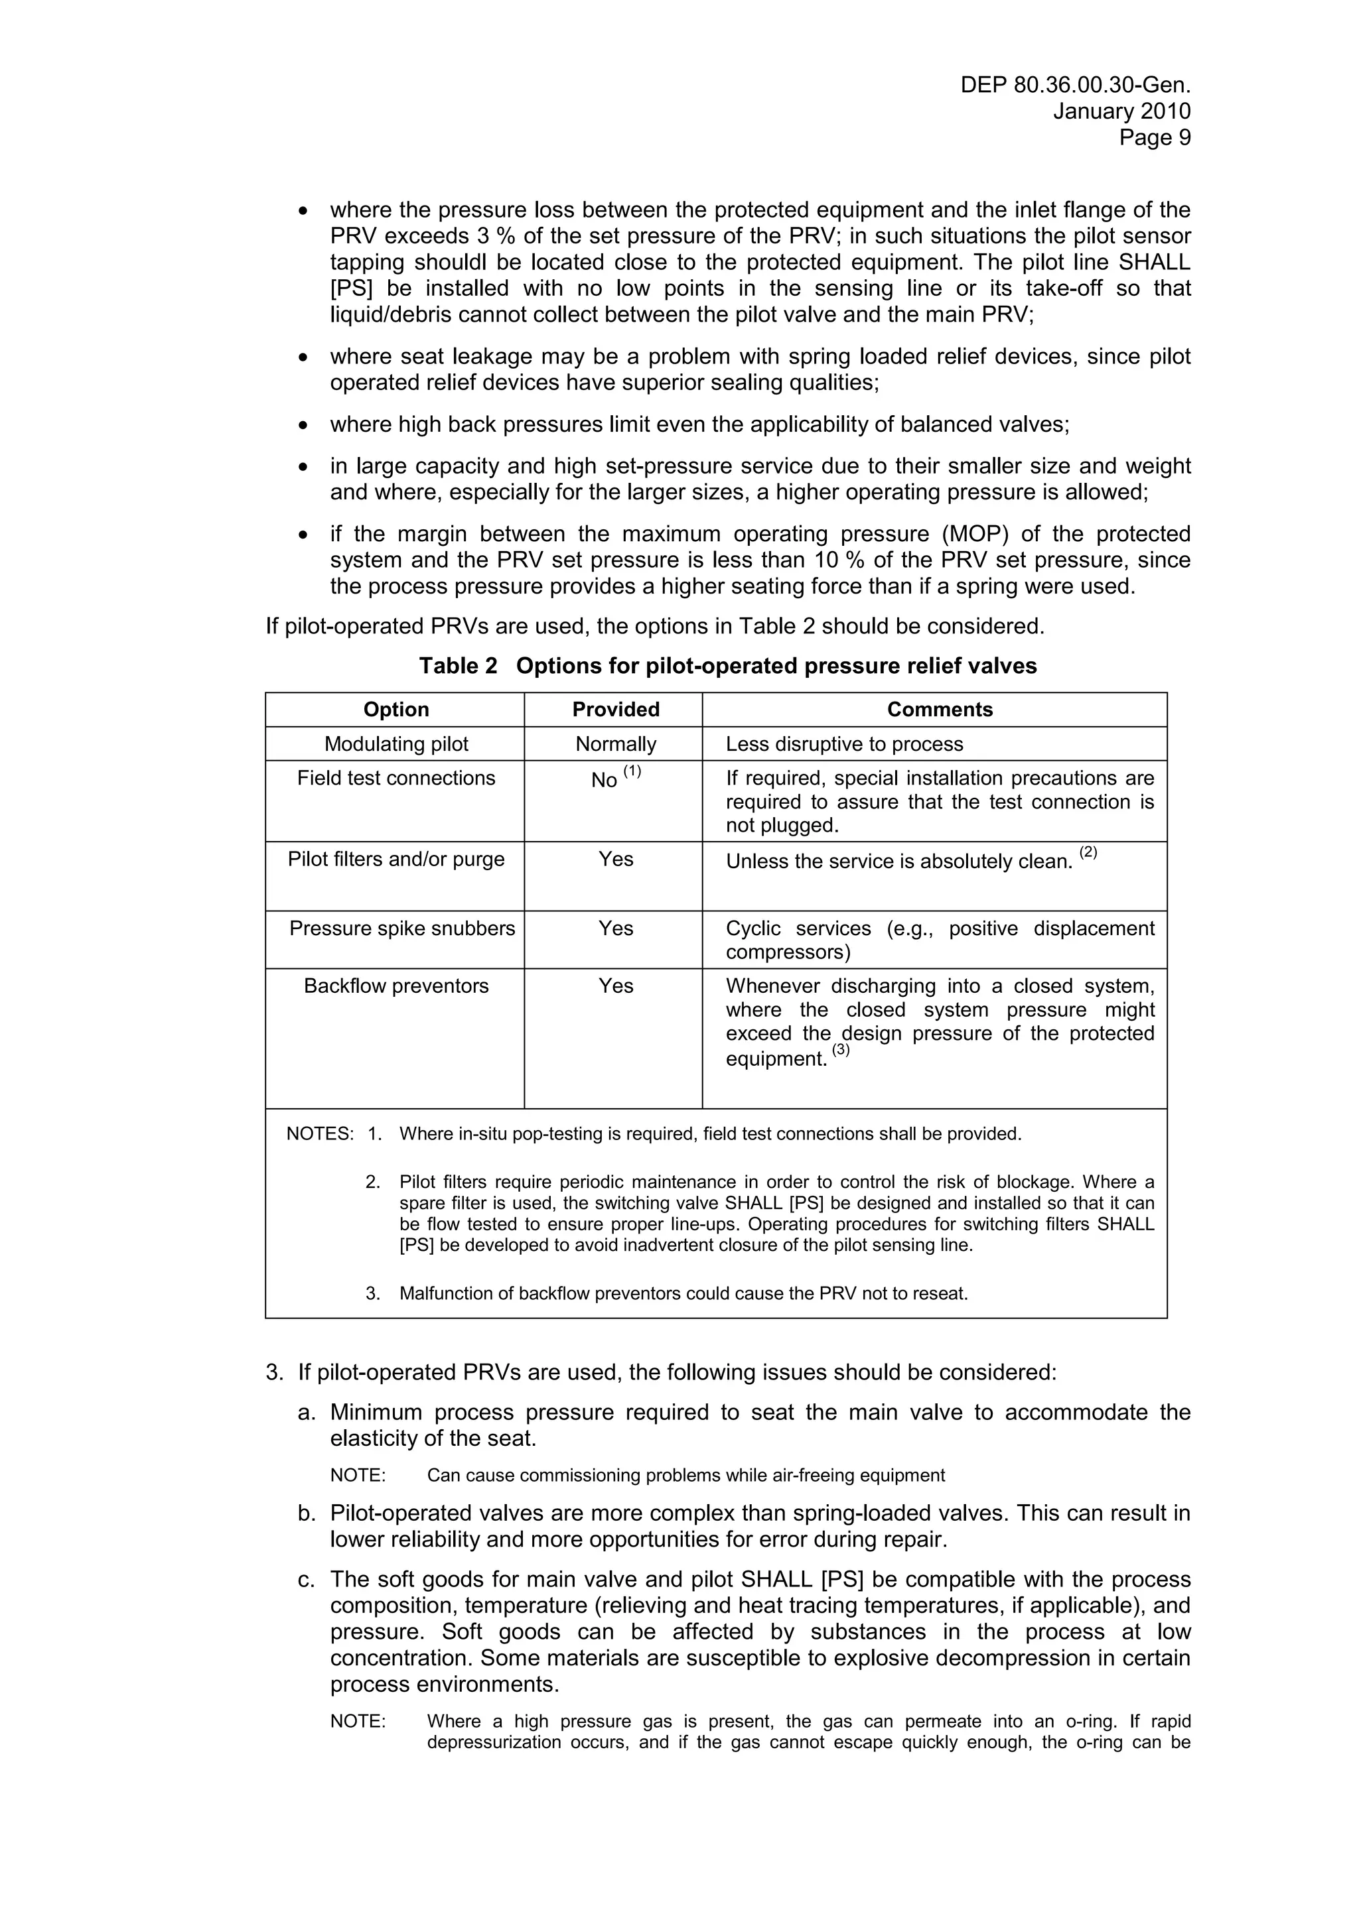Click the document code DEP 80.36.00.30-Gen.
click(x=1075, y=86)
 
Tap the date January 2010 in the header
click(x=1121, y=111)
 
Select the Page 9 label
click(x=1155, y=137)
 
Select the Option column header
click(x=395, y=709)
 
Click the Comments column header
click(x=939, y=709)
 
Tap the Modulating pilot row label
click(x=395, y=743)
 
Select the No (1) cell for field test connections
click(x=615, y=778)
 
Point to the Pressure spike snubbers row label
click(x=402, y=929)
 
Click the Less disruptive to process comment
click(x=844, y=743)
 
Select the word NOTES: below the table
click(x=320, y=1133)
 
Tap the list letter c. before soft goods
click(x=307, y=1580)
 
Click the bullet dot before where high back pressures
click(x=303, y=425)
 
